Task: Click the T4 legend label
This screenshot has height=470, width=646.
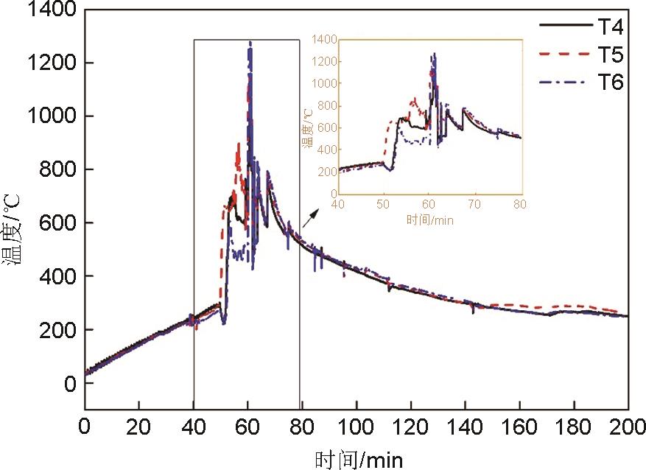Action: (610, 27)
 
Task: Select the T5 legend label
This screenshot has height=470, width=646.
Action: (610, 55)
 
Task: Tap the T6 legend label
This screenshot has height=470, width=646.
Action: (610, 82)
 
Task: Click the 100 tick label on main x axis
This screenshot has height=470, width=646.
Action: (357, 427)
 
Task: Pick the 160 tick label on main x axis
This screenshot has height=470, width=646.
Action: (519, 427)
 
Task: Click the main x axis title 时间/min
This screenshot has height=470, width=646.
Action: (359, 460)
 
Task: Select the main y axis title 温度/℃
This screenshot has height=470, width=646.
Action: (15, 228)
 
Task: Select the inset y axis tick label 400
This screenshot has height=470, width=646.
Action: (328, 150)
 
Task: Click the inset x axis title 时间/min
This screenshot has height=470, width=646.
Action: (429, 219)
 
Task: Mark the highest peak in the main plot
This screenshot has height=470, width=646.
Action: (250, 43)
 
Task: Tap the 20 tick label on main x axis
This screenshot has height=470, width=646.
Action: (138, 427)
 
